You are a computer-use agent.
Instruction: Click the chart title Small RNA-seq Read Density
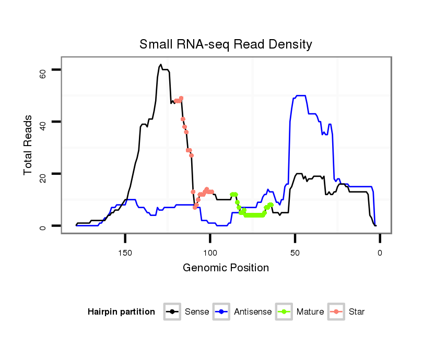click(226, 44)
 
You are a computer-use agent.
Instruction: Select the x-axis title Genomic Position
click(226, 268)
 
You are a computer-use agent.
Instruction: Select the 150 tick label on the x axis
click(125, 253)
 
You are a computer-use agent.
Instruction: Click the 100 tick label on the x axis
click(210, 253)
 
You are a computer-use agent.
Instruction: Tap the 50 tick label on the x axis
click(295, 253)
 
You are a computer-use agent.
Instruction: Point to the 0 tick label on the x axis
click(380, 253)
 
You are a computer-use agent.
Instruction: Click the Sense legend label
click(197, 312)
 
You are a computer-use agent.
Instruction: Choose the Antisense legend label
click(253, 312)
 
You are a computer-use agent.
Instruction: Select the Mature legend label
click(310, 312)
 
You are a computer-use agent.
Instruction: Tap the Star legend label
click(357, 312)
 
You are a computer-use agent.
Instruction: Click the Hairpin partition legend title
click(121, 312)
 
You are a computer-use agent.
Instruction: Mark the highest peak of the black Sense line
click(161, 65)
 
